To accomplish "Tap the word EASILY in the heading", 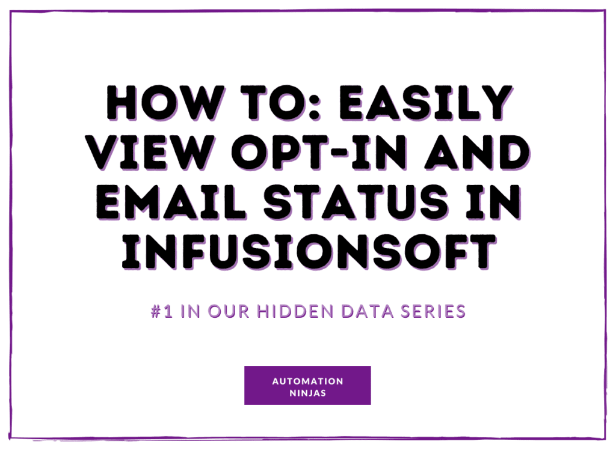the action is click(x=425, y=103).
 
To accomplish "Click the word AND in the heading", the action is click(x=477, y=153).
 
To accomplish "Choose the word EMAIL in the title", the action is click(x=171, y=202).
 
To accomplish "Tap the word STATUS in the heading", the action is click(x=356, y=202).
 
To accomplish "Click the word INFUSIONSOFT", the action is click(x=309, y=252).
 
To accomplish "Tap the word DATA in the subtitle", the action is click(x=368, y=311).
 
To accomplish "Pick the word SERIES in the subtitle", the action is click(x=433, y=311).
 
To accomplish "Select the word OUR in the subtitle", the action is click(x=228, y=311).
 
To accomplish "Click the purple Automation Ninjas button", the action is click(x=307, y=385).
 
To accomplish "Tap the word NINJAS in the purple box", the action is click(x=307, y=393).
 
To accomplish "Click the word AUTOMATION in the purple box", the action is click(x=307, y=382).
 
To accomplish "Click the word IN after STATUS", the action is click(x=493, y=202).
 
